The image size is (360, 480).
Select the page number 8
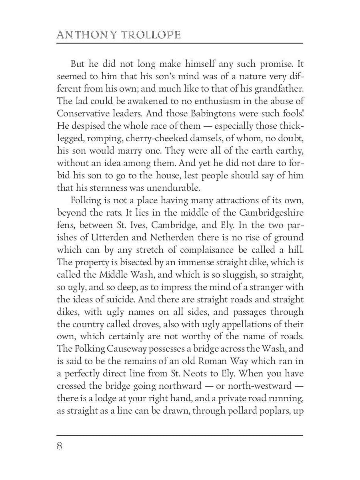(x=60, y=446)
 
